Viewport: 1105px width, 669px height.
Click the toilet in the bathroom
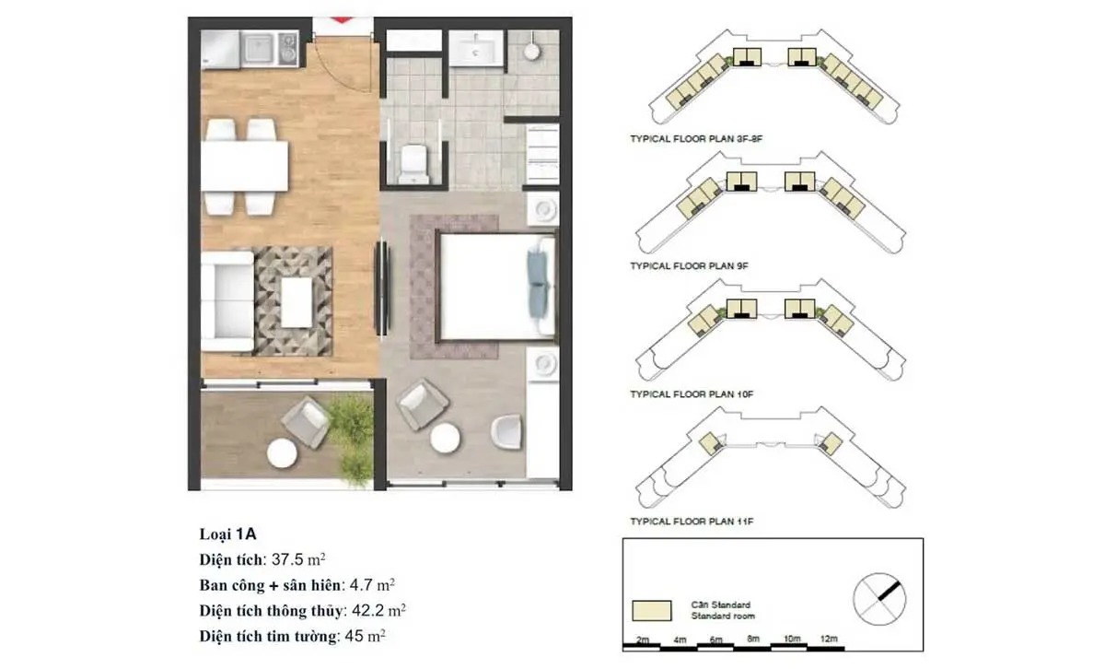coord(413,163)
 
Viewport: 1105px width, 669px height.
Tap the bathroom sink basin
coord(476,48)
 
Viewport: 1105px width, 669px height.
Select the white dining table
coord(245,166)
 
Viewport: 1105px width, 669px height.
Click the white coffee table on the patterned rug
coord(297,302)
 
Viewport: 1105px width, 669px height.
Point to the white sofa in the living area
coord(227,301)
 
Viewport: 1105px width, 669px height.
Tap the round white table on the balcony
coord(282,453)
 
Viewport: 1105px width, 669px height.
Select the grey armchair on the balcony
coord(307,421)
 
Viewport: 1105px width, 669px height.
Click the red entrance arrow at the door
coord(342,19)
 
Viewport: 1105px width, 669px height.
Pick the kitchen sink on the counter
coord(260,49)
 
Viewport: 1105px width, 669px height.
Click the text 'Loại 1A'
coord(228,534)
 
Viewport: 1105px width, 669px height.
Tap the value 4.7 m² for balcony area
coord(372,585)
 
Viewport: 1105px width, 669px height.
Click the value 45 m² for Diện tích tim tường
coord(365,636)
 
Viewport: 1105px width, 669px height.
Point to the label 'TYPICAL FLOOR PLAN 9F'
coord(689,266)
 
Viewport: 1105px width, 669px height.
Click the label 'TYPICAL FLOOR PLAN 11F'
coord(692,522)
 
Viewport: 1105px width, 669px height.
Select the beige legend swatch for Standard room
coord(652,611)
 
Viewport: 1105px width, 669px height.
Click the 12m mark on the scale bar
coord(829,639)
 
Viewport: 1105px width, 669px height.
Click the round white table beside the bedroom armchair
coord(445,438)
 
